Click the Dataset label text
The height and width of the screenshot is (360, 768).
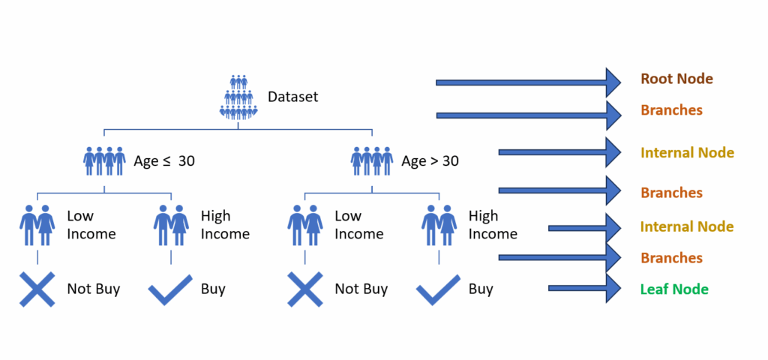point(293,97)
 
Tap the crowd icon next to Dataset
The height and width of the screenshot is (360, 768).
point(238,97)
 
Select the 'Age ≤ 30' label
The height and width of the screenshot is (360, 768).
point(164,160)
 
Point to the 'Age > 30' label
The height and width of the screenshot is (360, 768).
point(430,160)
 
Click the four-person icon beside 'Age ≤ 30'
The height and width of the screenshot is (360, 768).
point(104,160)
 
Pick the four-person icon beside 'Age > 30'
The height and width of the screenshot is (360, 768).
point(372,160)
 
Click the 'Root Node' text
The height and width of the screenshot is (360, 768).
point(677,79)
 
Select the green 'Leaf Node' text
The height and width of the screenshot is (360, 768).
point(674,289)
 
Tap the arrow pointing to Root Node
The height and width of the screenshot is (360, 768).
point(529,82)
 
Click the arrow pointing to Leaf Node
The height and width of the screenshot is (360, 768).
point(585,288)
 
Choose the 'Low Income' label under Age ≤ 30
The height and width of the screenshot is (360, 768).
point(91,225)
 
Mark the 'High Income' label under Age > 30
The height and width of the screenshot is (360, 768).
point(493,225)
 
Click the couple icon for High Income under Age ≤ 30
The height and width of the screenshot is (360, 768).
point(171,225)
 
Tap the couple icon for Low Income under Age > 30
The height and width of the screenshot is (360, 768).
point(304,225)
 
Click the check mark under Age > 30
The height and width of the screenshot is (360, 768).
point(438,290)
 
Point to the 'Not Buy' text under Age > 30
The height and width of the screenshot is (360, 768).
point(361,289)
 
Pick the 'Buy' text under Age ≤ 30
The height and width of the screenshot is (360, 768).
point(213,289)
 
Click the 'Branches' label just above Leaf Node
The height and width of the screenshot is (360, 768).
point(671,258)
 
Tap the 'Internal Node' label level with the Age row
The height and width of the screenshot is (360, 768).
point(687,153)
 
